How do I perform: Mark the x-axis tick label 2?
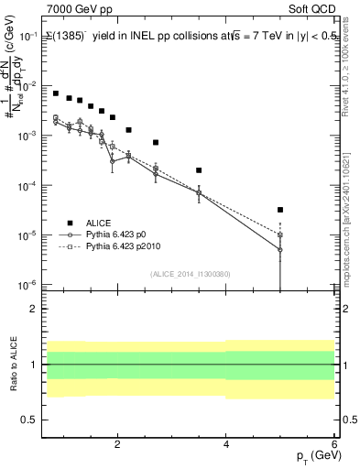pyautogui.click(x=117, y=445)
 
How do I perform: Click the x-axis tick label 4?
pyautogui.click(x=226, y=445)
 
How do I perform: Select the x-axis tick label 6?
pyautogui.click(x=334, y=445)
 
